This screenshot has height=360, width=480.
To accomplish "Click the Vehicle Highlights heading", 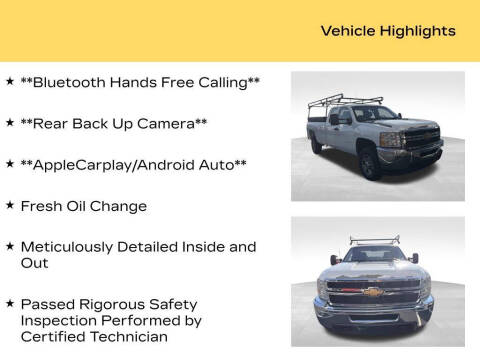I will coord(388,31).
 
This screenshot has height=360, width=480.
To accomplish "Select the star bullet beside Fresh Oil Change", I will coord(9,204).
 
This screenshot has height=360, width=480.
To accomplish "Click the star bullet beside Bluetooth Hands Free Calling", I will coord(9,80).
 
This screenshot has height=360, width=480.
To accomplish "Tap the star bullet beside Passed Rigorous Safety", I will coord(9,302).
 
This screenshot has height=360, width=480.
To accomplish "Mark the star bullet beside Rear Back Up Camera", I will coord(9,122).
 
